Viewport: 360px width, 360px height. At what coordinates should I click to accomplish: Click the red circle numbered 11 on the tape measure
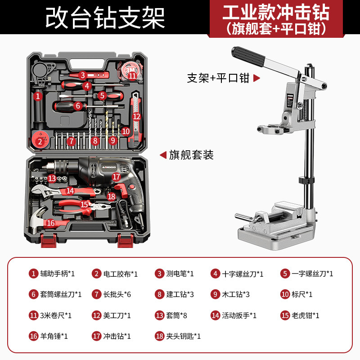pyautogui.click(x=132, y=75)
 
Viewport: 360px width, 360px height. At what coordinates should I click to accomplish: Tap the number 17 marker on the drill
pyautogui.click(x=117, y=176)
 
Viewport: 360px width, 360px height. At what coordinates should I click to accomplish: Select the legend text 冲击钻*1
pyautogui.click(x=117, y=336)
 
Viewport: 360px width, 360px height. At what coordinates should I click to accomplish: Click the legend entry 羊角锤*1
pyautogui.click(x=54, y=336)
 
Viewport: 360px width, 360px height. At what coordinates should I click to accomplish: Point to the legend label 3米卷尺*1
pyautogui.click(x=56, y=315)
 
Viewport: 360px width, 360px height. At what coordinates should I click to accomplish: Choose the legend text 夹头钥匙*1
pyautogui.click(x=183, y=336)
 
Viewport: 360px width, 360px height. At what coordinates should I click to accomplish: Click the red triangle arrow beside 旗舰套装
pyautogui.click(x=163, y=155)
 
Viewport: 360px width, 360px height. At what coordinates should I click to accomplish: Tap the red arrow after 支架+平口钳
pyautogui.click(x=256, y=78)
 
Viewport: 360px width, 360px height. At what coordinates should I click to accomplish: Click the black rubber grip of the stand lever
pyautogui.click(x=248, y=57)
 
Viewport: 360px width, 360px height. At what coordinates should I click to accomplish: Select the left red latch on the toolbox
pyautogui.click(x=49, y=240)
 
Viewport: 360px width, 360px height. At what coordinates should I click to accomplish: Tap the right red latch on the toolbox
pyautogui.click(x=126, y=240)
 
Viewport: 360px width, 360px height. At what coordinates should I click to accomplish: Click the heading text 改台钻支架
pyautogui.click(x=105, y=18)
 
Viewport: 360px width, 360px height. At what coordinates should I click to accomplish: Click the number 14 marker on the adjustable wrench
pyautogui.click(x=70, y=191)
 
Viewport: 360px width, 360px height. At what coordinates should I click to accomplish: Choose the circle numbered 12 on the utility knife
pyautogui.click(x=136, y=117)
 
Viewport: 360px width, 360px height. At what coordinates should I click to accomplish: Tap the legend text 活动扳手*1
pyautogui.click(x=239, y=315)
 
